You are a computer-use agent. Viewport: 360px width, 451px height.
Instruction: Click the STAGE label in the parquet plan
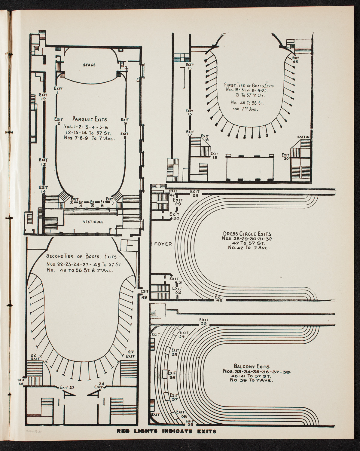pyautogui.click(x=89, y=65)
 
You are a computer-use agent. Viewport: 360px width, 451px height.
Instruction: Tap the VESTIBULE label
pyautogui.click(x=94, y=222)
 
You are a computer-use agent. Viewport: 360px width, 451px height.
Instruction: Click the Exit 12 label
pyautogui.click(x=43, y=97)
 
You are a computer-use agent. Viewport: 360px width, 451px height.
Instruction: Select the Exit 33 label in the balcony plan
pyautogui.click(x=203, y=322)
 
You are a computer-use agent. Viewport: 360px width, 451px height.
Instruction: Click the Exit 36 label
pyautogui.click(x=172, y=375)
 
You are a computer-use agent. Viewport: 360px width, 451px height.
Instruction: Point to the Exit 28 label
pyautogui.click(x=195, y=193)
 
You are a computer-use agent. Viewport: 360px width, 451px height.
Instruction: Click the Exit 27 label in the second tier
pyautogui.click(x=130, y=354)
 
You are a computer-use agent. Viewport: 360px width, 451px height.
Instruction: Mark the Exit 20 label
pyautogui.click(x=285, y=157)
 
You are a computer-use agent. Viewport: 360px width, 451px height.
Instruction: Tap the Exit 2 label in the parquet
pyautogui.click(x=58, y=121)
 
